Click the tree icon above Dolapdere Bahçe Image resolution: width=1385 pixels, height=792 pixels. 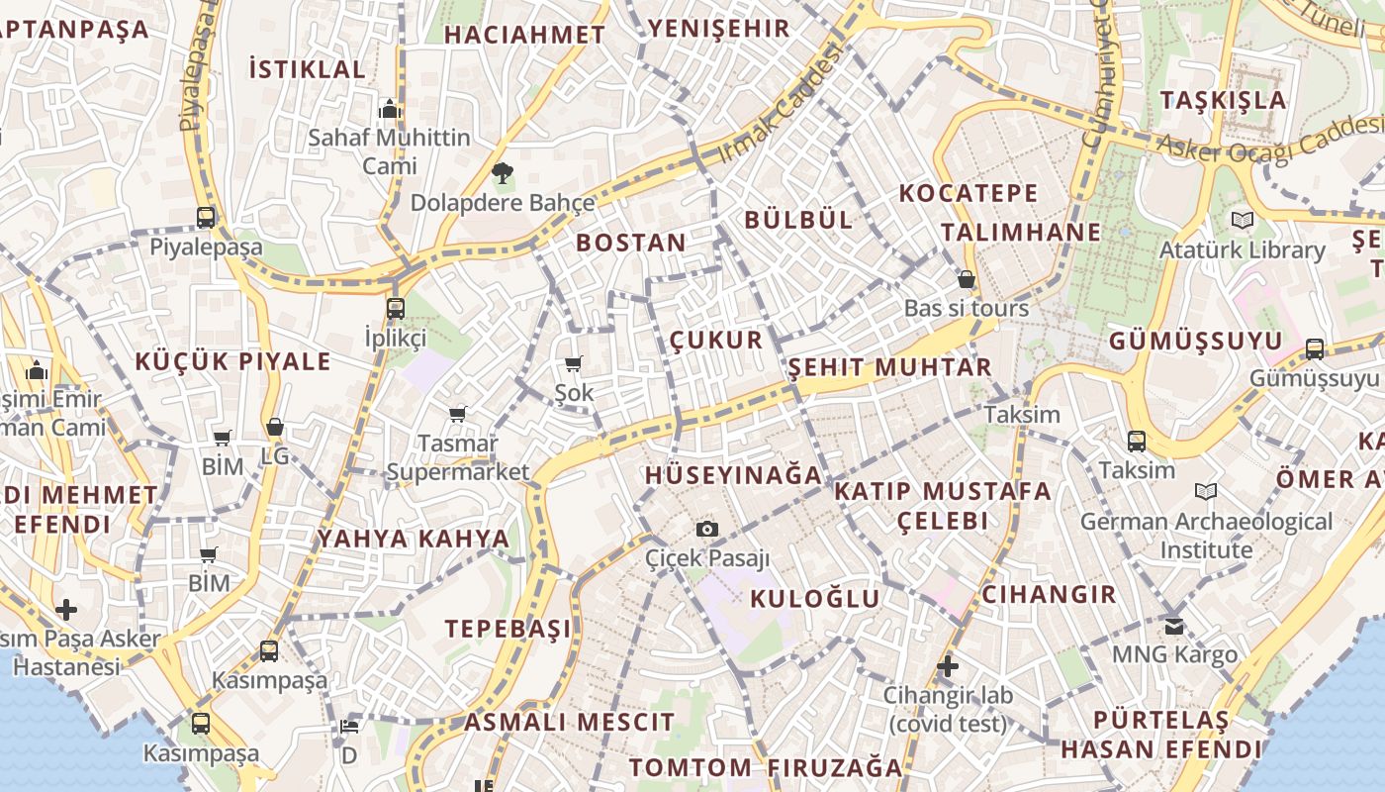[x=503, y=174]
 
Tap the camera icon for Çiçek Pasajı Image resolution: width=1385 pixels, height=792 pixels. [x=706, y=529]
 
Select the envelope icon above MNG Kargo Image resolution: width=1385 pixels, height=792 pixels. [x=1174, y=626]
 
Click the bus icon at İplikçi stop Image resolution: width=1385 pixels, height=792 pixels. [x=396, y=308]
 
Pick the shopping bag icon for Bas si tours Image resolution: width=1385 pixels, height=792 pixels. [x=967, y=279]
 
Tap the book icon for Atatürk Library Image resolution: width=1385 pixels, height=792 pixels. [x=1242, y=220]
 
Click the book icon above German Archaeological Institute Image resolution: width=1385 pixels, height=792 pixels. [x=1206, y=491]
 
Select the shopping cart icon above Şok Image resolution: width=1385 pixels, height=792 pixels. [x=574, y=364]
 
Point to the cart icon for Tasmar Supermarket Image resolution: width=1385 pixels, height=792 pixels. [x=457, y=414]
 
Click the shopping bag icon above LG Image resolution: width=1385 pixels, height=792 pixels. [x=275, y=428]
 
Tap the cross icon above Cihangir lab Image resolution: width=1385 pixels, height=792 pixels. [x=948, y=666]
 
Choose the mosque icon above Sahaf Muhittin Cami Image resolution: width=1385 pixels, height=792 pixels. [x=389, y=108]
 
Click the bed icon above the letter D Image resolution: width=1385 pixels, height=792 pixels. [x=348, y=726]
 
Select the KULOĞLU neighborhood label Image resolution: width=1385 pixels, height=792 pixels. [x=814, y=598]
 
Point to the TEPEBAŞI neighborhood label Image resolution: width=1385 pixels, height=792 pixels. [x=508, y=629]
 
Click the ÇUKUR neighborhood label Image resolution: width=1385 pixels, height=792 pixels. [x=716, y=341]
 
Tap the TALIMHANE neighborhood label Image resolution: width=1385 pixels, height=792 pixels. [x=1020, y=232]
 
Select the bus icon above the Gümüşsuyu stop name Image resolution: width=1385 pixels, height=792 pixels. [x=1314, y=348]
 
